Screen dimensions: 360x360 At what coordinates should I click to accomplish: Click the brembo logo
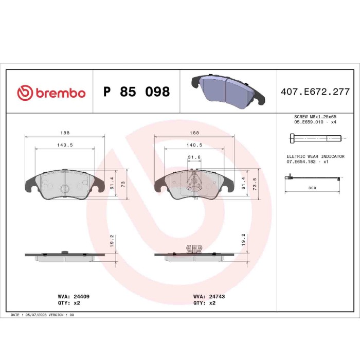pyautogui.click(x=51, y=93)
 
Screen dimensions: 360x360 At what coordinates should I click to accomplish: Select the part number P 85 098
pyautogui.click(x=136, y=92)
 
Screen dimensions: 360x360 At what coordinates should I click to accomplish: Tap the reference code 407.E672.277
pyautogui.click(x=315, y=92)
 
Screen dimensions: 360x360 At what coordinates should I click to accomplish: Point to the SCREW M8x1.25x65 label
pyautogui.click(x=315, y=117)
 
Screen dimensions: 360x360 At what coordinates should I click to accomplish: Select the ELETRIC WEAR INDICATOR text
pyautogui.click(x=315, y=156)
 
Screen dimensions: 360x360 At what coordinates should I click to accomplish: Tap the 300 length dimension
pyautogui.click(x=312, y=188)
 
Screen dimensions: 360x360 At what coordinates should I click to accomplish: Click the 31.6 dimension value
pyautogui.click(x=194, y=157)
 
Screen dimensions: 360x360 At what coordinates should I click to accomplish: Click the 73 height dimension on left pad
pyautogui.click(x=123, y=184)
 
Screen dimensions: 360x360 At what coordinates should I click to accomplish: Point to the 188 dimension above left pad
pyautogui.click(x=65, y=132)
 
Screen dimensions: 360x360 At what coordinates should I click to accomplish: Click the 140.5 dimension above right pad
pyautogui.click(x=194, y=145)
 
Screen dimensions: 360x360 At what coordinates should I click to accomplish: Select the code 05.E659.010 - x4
pyautogui.click(x=315, y=123)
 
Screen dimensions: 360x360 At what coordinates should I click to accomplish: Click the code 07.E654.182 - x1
pyautogui.click(x=308, y=161)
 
